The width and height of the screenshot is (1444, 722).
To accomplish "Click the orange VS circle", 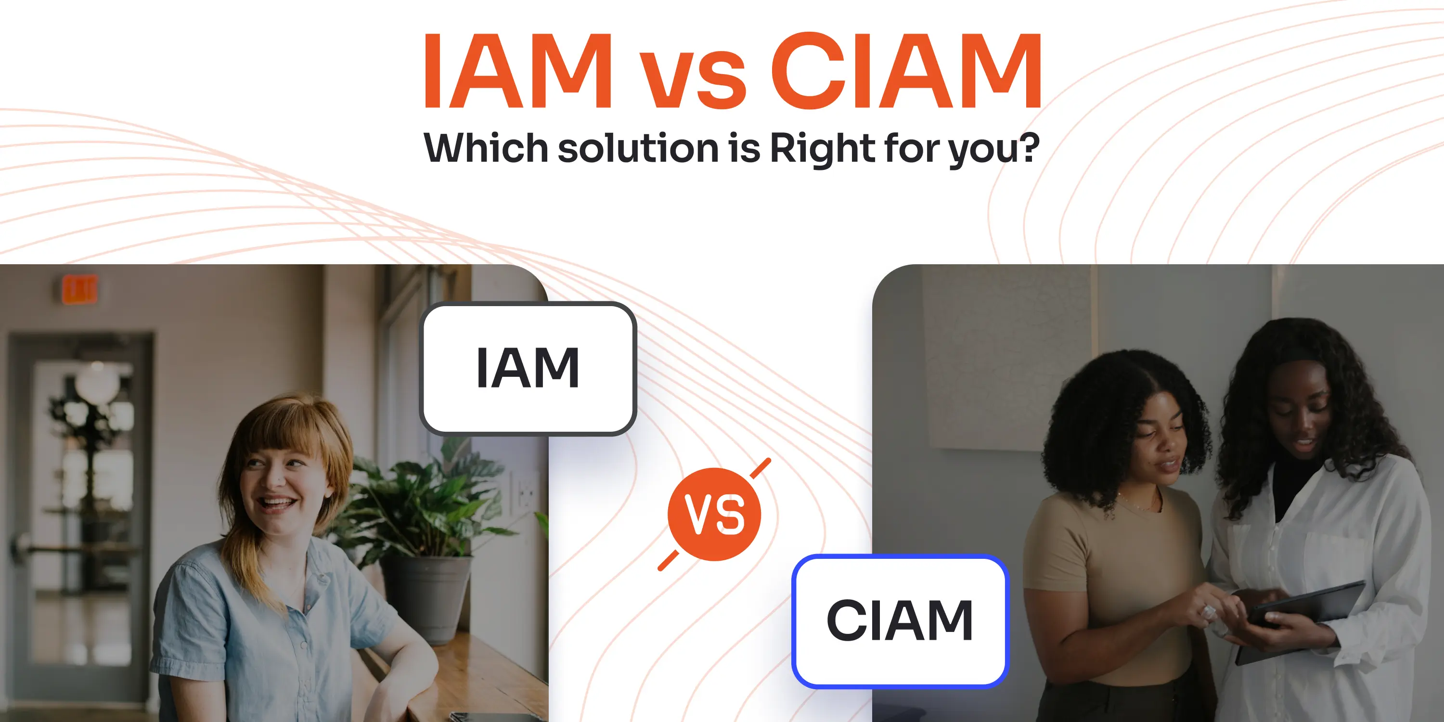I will coord(714,514).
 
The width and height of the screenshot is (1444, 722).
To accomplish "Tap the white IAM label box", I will coord(528,368).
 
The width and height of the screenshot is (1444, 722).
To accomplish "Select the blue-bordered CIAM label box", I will coord(900,621).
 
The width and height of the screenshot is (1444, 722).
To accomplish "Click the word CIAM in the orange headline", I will coord(906,71).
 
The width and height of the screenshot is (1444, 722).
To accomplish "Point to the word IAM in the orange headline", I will coord(517,71).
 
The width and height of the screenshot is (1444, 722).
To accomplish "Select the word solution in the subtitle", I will coord(638,149).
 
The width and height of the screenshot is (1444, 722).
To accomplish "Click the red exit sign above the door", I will coord(79,289).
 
